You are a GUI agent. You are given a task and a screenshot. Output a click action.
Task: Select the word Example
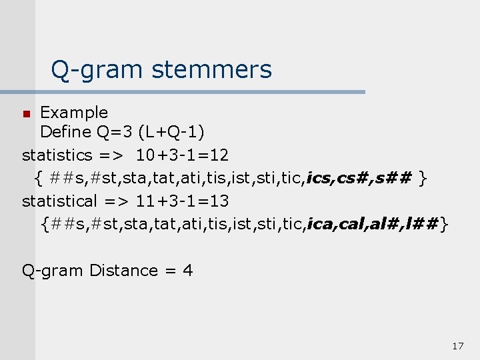(74, 112)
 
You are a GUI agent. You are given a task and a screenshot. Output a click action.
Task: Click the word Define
(66, 133)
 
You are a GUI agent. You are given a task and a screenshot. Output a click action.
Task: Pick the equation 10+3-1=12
(183, 155)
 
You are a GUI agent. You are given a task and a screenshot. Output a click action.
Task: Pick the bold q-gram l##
(421, 225)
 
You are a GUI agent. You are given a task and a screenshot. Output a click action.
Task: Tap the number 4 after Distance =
(188, 271)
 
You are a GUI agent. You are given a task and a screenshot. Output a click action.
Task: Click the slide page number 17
(457, 346)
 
